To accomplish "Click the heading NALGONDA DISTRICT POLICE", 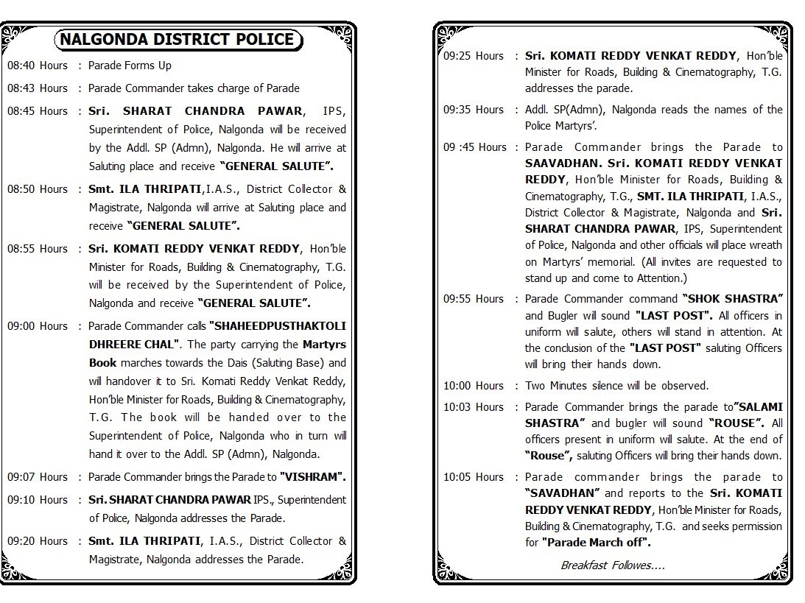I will pyautogui.click(x=177, y=40).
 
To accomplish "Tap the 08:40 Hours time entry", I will pyautogui.click(x=38, y=66).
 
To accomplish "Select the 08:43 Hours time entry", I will pyautogui.click(x=38, y=88).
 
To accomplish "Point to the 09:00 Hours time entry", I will pyautogui.click(x=38, y=326).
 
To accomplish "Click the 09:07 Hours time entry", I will pyautogui.click(x=38, y=477).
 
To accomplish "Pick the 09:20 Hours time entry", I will pyautogui.click(x=38, y=541).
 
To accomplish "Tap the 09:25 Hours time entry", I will pyautogui.click(x=474, y=56).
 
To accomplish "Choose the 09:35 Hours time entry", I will pyautogui.click(x=474, y=110).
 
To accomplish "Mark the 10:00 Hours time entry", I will pyautogui.click(x=474, y=386).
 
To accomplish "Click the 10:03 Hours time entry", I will pyautogui.click(x=474, y=407).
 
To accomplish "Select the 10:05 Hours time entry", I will pyautogui.click(x=474, y=477).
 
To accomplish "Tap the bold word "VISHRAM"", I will pyautogui.click(x=313, y=477).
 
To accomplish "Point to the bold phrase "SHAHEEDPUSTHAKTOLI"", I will pyautogui.click(x=278, y=326).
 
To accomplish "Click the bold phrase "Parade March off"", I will pyautogui.click(x=597, y=543).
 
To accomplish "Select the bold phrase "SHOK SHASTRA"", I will pyautogui.click(x=733, y=299).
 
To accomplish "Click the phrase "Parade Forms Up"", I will pyautogui.click(x=130, y=66).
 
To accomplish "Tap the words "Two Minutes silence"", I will pyautogui.click(x=577, y=386).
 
